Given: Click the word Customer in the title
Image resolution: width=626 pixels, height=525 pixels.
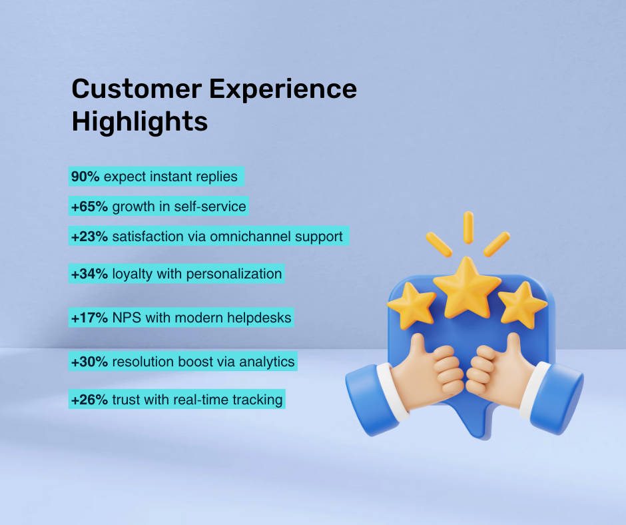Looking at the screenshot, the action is (137, 89).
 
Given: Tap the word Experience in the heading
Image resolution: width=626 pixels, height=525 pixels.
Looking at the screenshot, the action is (283, 90).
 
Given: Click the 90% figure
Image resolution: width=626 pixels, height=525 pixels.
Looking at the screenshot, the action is (85, 176).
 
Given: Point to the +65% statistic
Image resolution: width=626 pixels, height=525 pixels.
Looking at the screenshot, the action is (89, 207).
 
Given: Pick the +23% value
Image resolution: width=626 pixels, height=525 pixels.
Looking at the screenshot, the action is (89, 237).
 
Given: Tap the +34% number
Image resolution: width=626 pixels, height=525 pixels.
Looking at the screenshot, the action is (89, 274).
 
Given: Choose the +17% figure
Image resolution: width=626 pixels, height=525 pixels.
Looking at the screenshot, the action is (89, 318).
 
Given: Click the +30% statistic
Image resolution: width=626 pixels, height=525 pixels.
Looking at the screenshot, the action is (89, 362).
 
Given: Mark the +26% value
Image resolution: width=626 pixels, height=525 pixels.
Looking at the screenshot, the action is (89, 400).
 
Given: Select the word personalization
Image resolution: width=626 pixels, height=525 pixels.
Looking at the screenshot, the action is (234, 274).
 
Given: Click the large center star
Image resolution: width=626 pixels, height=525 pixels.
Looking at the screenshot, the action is (467, 288).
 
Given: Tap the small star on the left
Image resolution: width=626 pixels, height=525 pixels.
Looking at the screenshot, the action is (412, 305).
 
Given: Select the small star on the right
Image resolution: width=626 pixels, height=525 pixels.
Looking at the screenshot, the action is (522, 305).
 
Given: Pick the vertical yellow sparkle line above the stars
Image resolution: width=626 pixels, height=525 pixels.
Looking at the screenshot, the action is (468, 227).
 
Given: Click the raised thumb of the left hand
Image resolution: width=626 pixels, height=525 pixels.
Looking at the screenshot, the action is (418, 347).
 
